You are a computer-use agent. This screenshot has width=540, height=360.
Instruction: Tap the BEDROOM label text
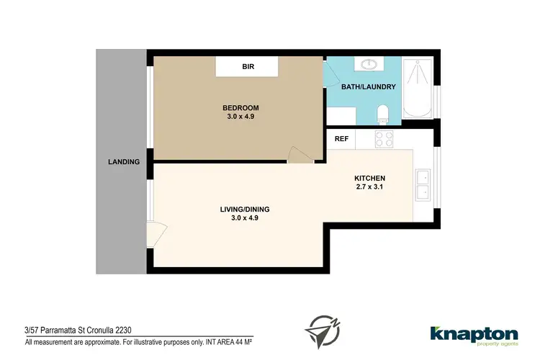coord(240,108)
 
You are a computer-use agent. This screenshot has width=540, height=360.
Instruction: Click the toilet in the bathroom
coord(384,113)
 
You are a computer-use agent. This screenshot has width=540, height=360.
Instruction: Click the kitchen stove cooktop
coord(383,138)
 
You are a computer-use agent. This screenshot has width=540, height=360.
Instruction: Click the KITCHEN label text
coord(370,179)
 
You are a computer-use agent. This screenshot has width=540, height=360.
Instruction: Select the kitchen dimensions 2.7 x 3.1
coord(370,187)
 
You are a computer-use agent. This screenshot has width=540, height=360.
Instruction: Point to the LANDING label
coord(123,162)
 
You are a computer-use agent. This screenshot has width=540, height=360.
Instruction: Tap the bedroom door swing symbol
coord(297,155)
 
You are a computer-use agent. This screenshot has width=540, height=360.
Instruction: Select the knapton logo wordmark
coord(473,333)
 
